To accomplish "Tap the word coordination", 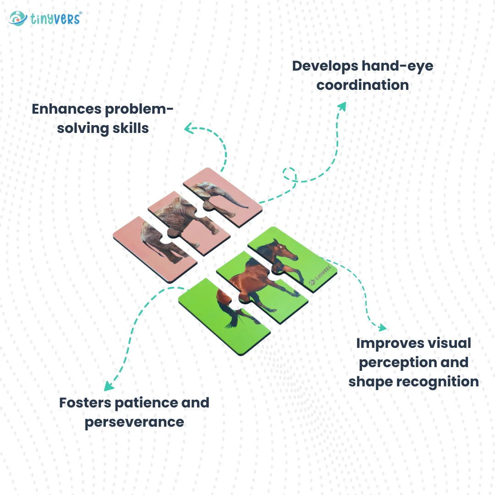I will click(x=363, y=85).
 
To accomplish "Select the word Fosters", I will click(x=85, y=403).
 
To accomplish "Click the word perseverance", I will click(x=134, y=422).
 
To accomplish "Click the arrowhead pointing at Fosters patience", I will click(x=108, y=386).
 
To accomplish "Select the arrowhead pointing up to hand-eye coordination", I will click(x=341, y=106).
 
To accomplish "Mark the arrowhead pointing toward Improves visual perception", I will click(x=381, y=327).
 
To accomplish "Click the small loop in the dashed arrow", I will click(x=289, y=173).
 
